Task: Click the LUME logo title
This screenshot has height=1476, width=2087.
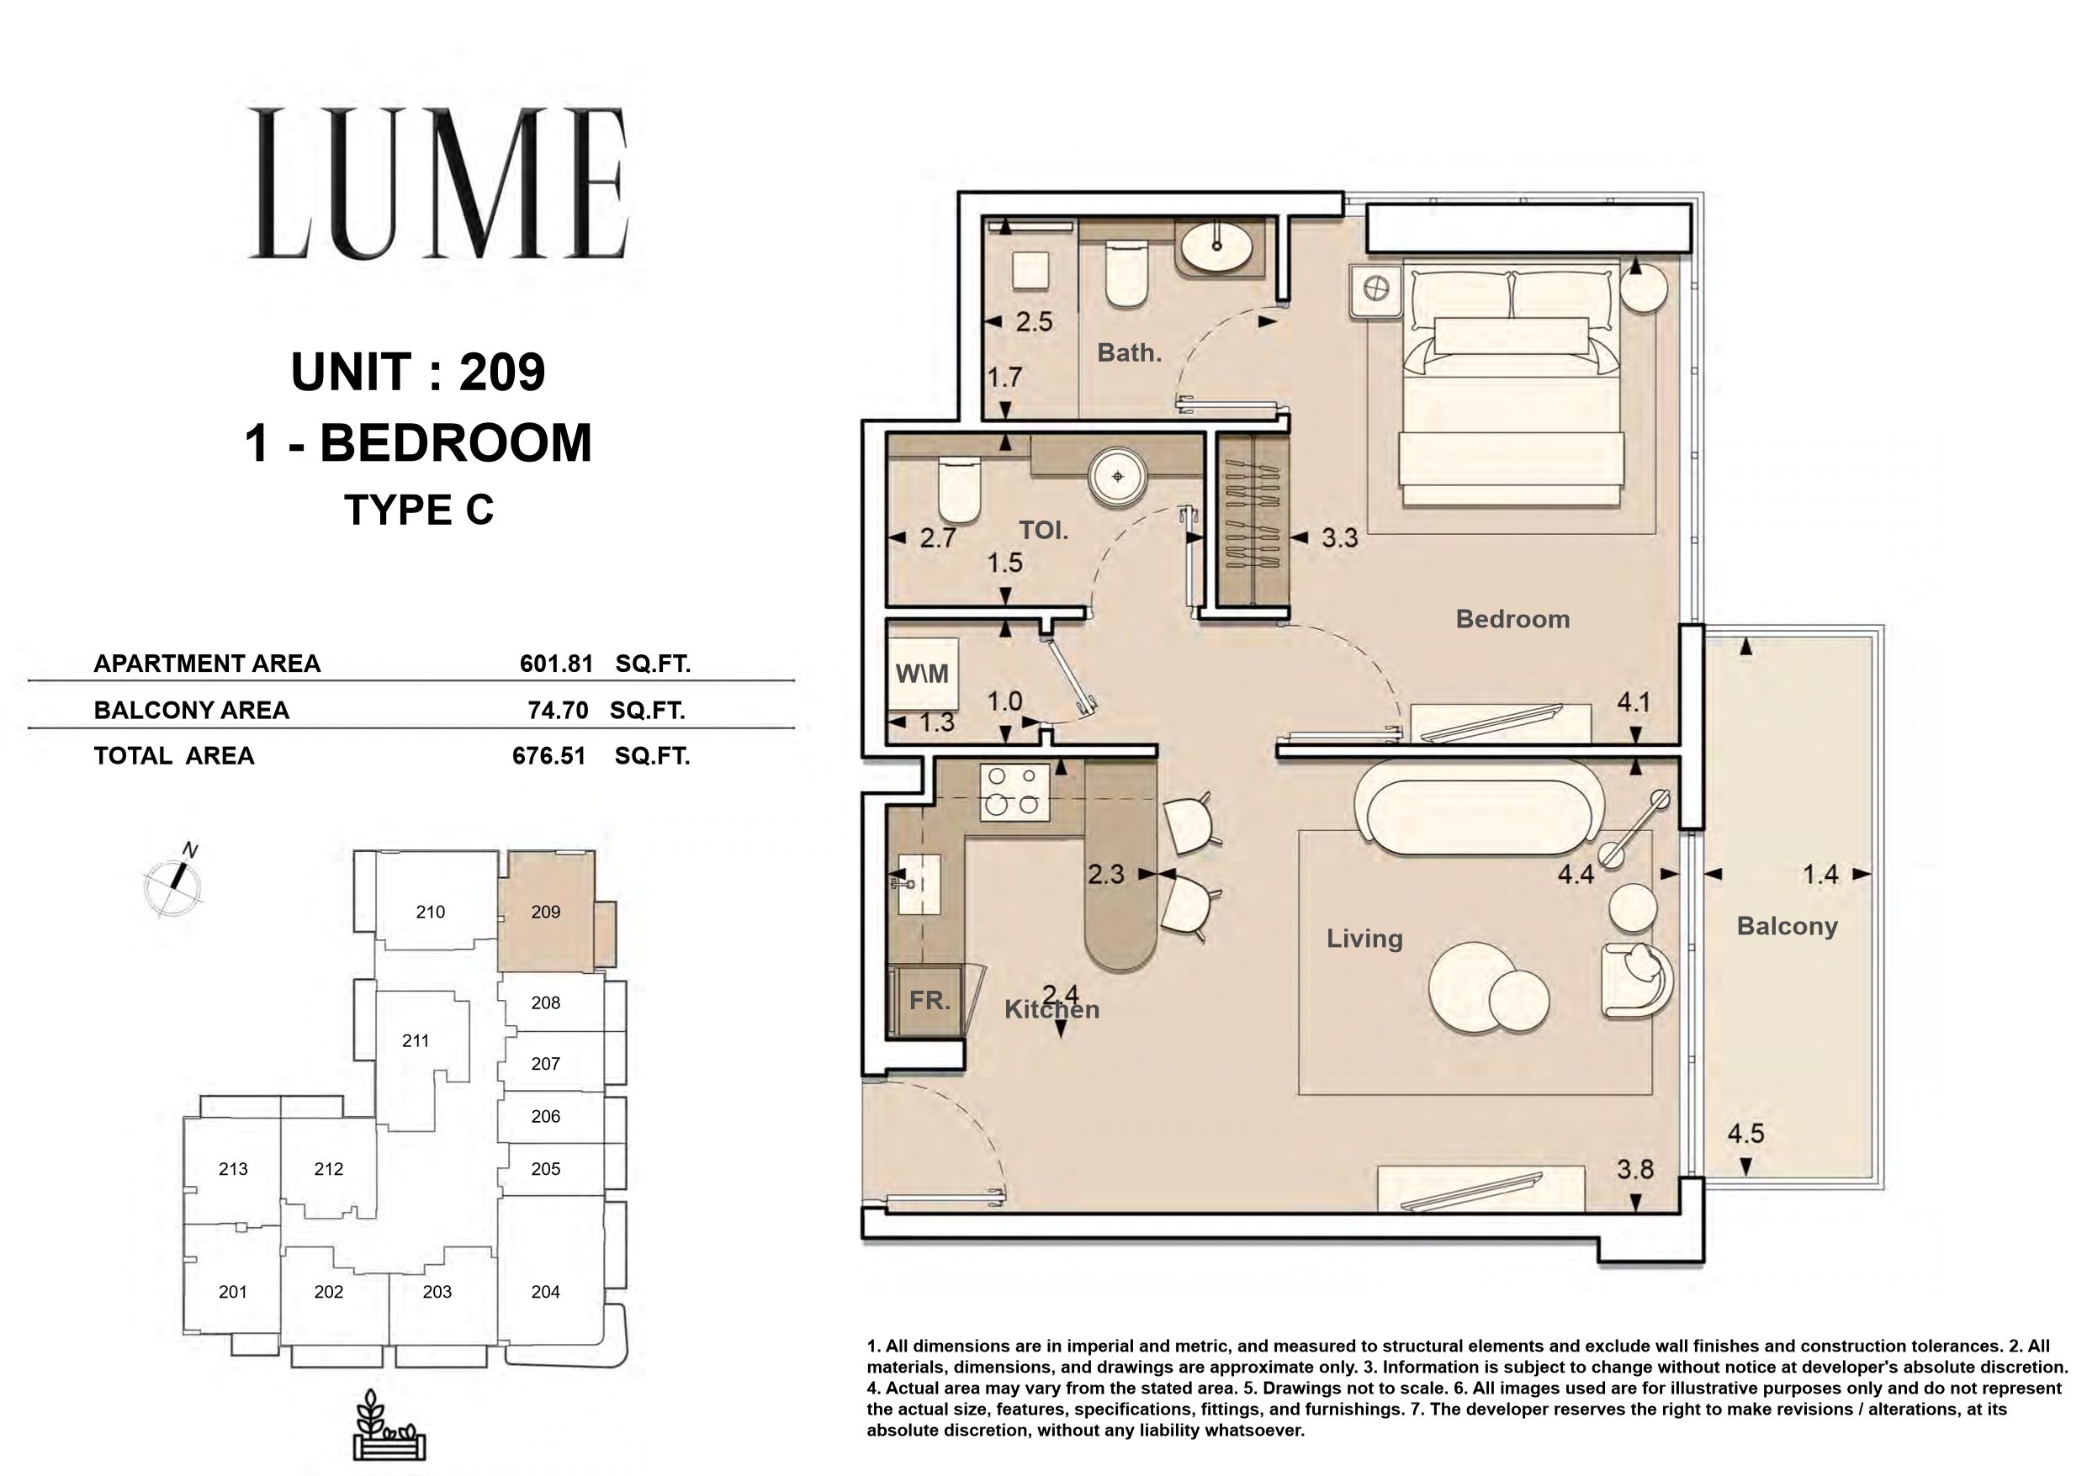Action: pos(439,183)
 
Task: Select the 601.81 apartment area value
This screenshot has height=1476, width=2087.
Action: pos(556,664)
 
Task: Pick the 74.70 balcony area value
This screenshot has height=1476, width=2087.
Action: pos(558,711)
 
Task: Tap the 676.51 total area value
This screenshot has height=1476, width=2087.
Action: pos(549,756)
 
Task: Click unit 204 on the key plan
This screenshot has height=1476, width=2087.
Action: pos(545,1292)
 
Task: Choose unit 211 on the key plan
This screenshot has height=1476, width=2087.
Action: pos(416,1040)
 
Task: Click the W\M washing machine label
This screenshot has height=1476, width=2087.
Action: pos(922,674)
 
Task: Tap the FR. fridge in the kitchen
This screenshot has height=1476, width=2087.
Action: pos(929,1001)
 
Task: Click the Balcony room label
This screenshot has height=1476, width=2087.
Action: pos(1787,926)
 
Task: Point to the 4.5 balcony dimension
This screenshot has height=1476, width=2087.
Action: pos(1746,1135)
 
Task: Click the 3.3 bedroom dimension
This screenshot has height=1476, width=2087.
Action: pos(1339,538)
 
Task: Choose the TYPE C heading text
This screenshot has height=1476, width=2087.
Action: pos(419,511)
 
